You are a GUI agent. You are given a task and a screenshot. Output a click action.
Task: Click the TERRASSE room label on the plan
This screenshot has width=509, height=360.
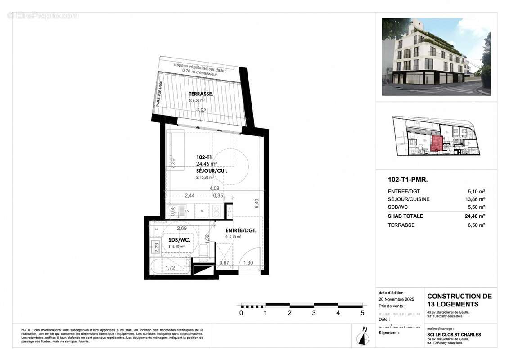[200, 94]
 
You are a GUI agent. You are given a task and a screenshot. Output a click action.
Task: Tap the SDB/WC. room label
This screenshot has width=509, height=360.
[179, 240]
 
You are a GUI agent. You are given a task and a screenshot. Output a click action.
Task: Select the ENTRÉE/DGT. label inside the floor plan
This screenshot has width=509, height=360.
[241, 230]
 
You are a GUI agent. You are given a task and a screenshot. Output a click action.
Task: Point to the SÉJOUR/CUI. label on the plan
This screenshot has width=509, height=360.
[212, 171]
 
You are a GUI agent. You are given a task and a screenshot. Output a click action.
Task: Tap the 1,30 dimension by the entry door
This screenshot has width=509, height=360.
[248, 263]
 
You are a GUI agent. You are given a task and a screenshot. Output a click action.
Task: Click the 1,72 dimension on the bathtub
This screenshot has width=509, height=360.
[170, 268]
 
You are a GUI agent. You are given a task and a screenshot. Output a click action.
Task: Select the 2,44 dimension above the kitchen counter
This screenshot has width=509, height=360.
[190, 195]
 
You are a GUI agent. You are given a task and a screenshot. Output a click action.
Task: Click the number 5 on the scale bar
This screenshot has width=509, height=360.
[362, 313]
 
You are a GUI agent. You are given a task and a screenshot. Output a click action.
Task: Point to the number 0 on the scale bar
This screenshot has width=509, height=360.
[241, 313]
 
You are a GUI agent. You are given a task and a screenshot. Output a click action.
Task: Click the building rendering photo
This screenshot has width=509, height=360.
[436, 57]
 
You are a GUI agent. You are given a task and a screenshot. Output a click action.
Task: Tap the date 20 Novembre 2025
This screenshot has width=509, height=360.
[396, 299]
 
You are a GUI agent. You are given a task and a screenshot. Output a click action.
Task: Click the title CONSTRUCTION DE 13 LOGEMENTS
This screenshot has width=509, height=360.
[459, 300]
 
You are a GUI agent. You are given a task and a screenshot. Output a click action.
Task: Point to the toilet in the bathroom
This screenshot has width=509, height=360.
[204, 250]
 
